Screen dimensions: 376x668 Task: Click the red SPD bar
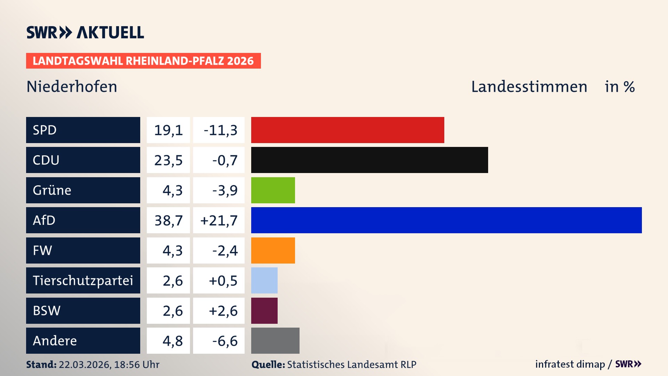pyautogui.click(x=347, y=130)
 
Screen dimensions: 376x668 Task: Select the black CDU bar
pyautogui.click(x=369, y=160)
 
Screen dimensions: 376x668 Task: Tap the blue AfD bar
pyautogui.click(x=446, y=220)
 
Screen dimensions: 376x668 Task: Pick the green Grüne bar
pyautogui.click(x=273, y=190)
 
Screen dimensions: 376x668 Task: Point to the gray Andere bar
pyautogui.click(x=275, y=340)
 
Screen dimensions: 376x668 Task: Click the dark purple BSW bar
pyautogui.click(x=264, y=311)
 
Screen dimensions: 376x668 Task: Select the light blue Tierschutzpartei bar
pyautogui.click(x=264, y=280)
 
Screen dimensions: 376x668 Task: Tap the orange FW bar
pyautogui.click(x=273, y=250)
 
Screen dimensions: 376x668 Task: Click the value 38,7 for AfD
pyautogui.click(x=168, y=220)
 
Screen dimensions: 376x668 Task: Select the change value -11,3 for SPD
pyautogui.click(x=220, y=130)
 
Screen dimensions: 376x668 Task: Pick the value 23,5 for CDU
pyautogui.click(x=168, y=160)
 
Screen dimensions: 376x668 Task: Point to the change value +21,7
pyautogui.click(x=219, y=220)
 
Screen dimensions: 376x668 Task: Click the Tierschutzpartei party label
pyautogui.click(x=83, y=280)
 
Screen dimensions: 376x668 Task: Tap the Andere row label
pyautogui.click(x=55, y=340)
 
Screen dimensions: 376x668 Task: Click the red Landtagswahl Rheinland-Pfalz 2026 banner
pyautogui.click(x=143, y=61)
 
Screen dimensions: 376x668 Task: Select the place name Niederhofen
pyautogui.click(x=72, y=87)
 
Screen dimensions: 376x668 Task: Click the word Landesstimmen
pyautogui.click(x=529, y=87)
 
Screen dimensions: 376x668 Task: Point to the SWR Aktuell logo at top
pyautogui.click(x=85, y=32)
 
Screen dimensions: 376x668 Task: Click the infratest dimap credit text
pyautogui.click(x=570, y=364)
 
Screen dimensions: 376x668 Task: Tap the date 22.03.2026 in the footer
pyautogui.click(x=85, y=365)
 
